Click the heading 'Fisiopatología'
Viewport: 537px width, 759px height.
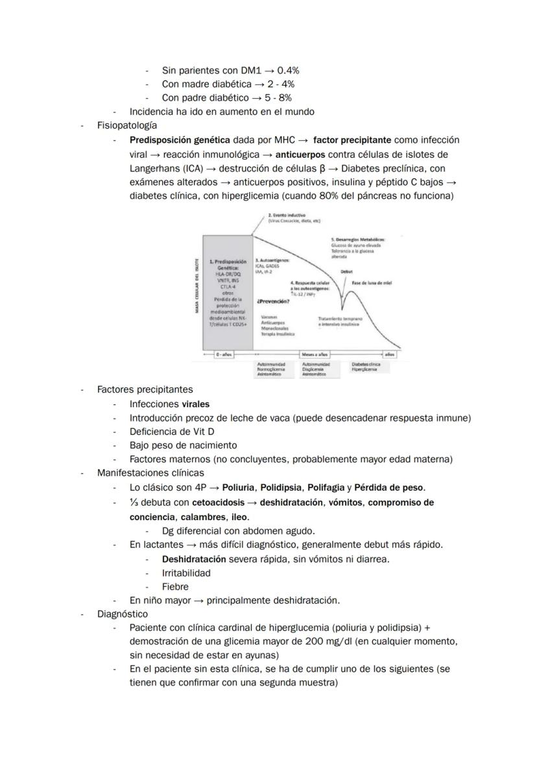tap(126, 125)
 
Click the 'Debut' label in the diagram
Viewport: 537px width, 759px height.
tap(347, 272)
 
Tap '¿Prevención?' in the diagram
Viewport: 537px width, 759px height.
tap(272, 301)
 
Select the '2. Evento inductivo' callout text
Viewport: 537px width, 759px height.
tap(287, 215)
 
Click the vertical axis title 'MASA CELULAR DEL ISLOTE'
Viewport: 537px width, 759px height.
tap(197, 286)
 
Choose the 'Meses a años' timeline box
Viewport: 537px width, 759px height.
tap(315, 355)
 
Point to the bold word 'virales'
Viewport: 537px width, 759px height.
tap(196, 404)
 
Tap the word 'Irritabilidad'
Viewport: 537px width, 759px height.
tap(186, 573)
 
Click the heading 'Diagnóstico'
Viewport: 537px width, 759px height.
tap(123, 614)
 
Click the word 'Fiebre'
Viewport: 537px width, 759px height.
tap(175, 586)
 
